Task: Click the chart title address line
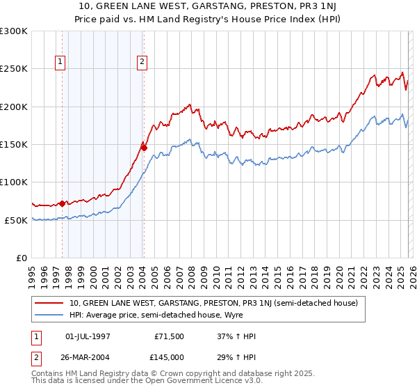pyautogui.click(x=208, y=7)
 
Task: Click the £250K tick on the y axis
pyautogui.click(x=14, y=69)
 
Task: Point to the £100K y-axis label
pyautogui.click(x=14, y=182)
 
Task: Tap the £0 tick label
pyautogui.click(x=21, y=258)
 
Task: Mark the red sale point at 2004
pyautogui.click(x=144, y=147)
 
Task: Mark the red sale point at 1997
pyautogui.click(x=62, y=203)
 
